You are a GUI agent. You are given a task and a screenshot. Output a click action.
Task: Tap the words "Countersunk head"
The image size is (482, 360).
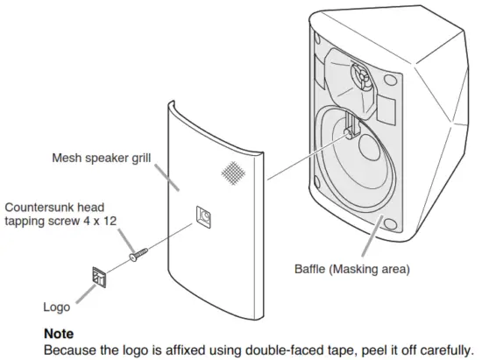54,208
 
